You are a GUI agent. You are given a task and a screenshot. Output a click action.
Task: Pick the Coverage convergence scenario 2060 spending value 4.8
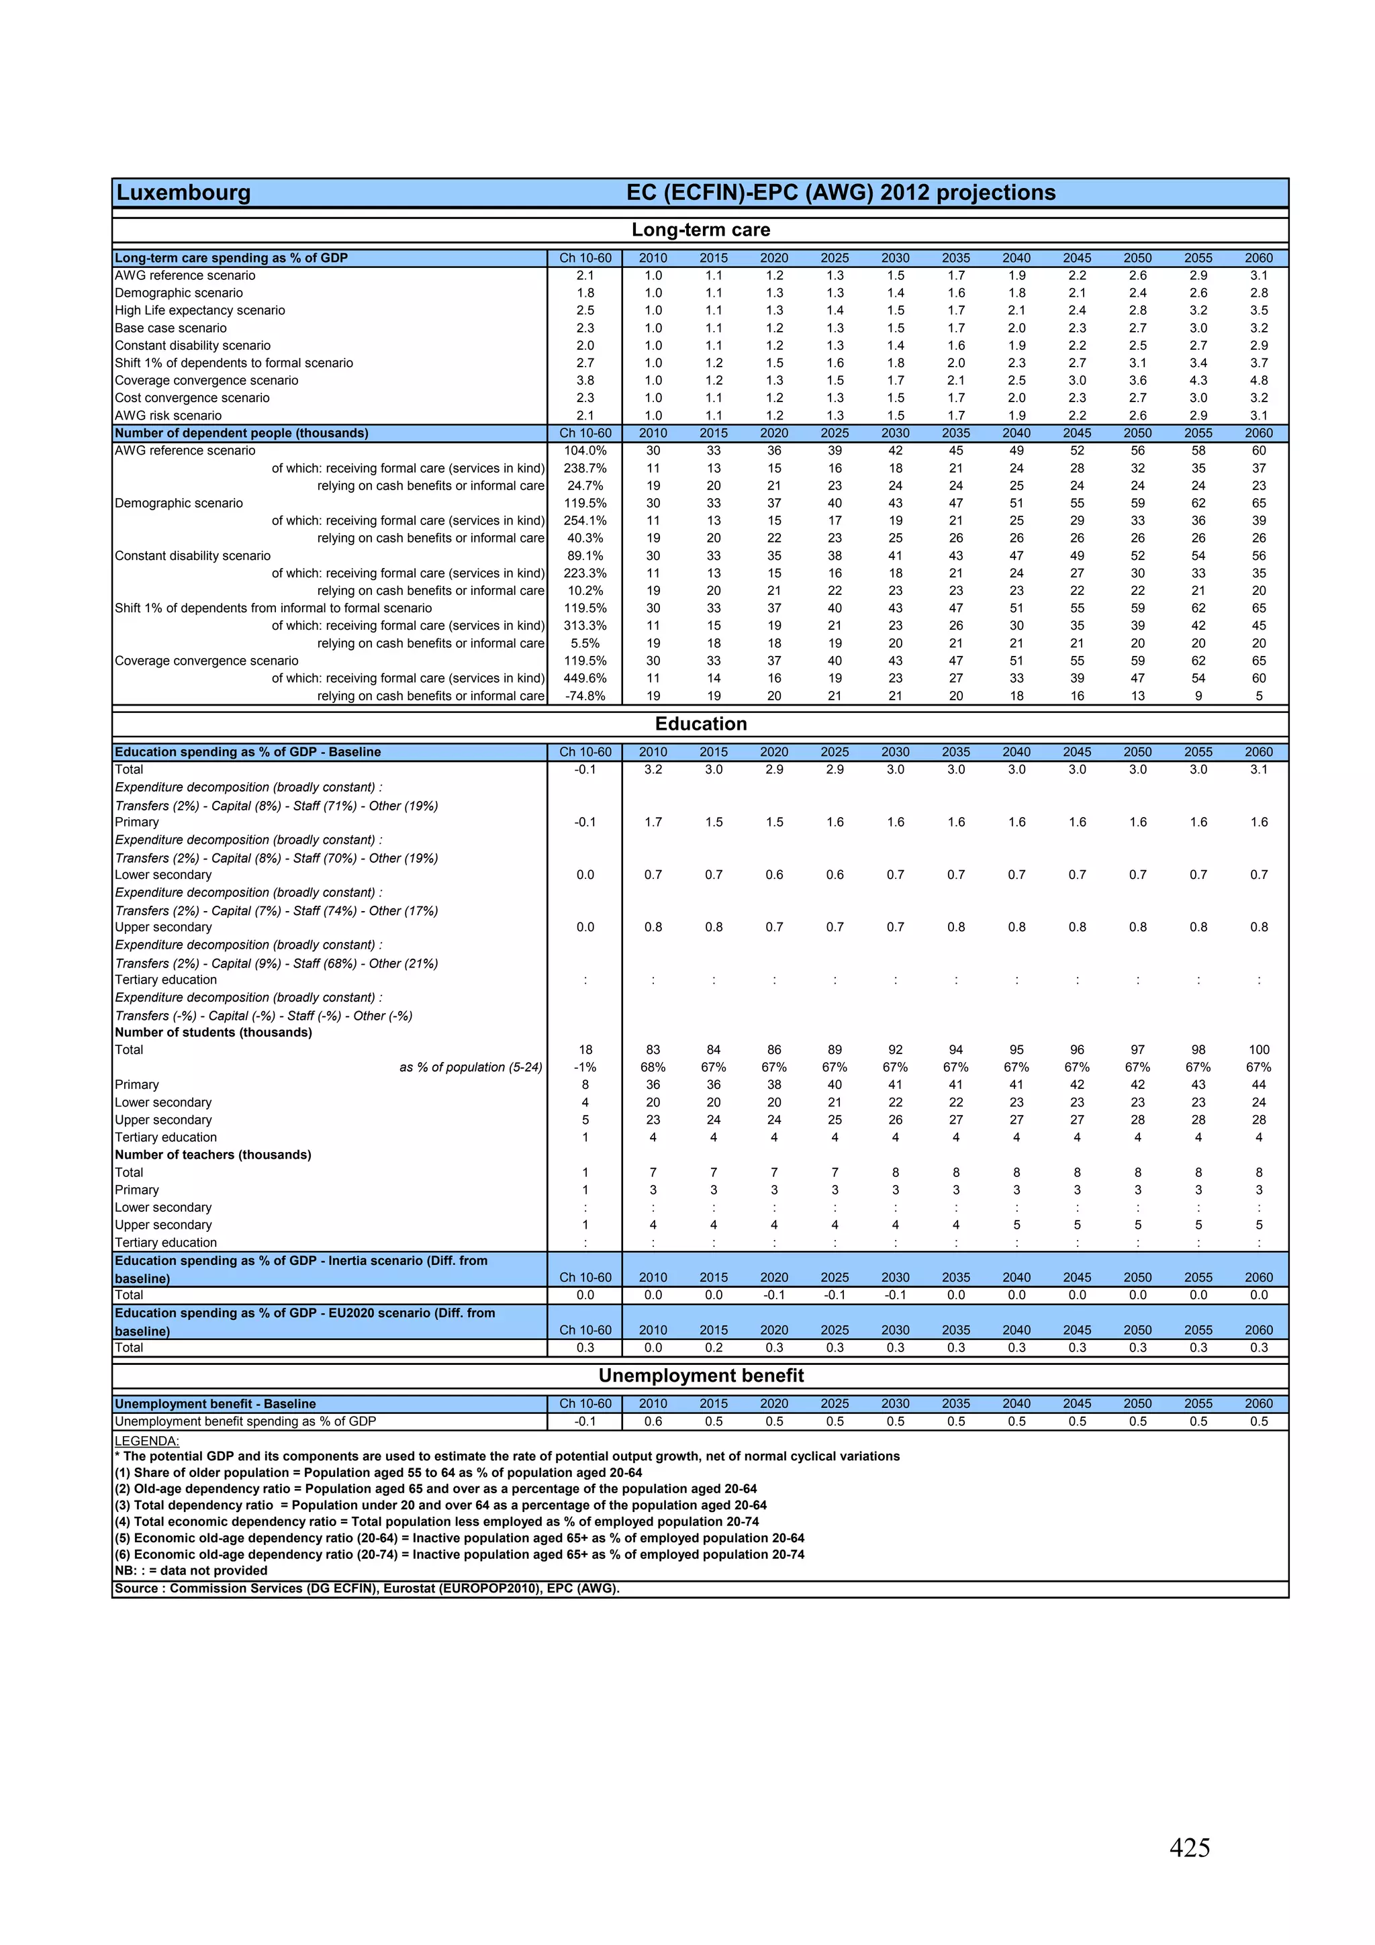pyautogui.click(x=1258, y=381)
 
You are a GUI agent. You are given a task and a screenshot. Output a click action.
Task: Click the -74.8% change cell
pyautogui.click(x=585, y=696)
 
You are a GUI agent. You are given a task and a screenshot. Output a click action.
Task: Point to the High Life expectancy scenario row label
pyautogui.click(x=200, y=310)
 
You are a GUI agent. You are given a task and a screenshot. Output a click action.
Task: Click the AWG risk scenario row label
pyautogui.click(x=168, y=415)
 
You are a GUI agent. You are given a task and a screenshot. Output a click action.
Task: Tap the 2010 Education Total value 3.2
pyautogui.click(x=653, y=769)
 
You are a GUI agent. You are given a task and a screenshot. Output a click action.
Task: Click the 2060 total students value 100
pyautogui.click(x=1258, y=1049)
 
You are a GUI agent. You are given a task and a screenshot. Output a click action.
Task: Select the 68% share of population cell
pyautogui.click(x=653, y=1068)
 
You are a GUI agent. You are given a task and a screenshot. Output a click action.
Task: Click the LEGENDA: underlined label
pyautogui.click(x=146, y=1441)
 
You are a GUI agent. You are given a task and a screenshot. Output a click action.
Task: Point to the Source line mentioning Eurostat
pyautogui.click(x=367, y=1588)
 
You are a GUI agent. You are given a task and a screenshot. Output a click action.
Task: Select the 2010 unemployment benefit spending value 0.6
pyautogui.click(x=653, y=1421)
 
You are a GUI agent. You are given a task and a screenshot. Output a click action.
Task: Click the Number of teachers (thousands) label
pyautogui.click(x=213, y=1155)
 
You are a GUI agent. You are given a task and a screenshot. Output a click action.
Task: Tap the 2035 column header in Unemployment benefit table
pyautogui.click(x=955, y=1404)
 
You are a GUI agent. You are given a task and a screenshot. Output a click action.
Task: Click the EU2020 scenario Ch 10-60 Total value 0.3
pyautogui.click(x=585, y=1347)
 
